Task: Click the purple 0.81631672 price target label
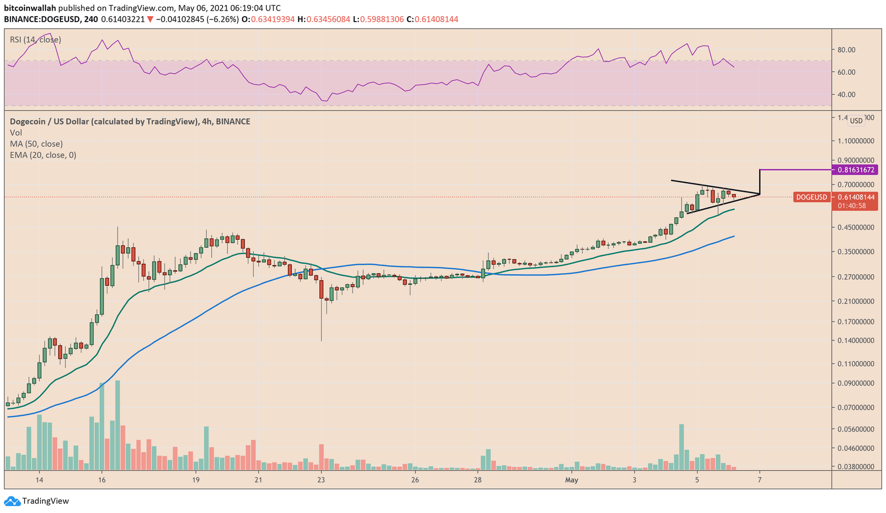[856, 170]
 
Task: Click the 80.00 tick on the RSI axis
[847, 50]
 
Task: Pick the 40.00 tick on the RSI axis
[847, 95]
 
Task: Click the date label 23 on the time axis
[321, 480]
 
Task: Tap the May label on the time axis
[571, 480]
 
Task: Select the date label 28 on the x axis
[478, 480]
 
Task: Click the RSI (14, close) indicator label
[35, 40]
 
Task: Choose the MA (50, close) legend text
[36, 144]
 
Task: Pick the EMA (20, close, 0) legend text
[43, 155]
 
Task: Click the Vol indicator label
[16, 132]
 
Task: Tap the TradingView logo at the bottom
[37, 501]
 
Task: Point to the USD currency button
[856, 121]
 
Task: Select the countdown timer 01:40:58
[852, 206]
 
